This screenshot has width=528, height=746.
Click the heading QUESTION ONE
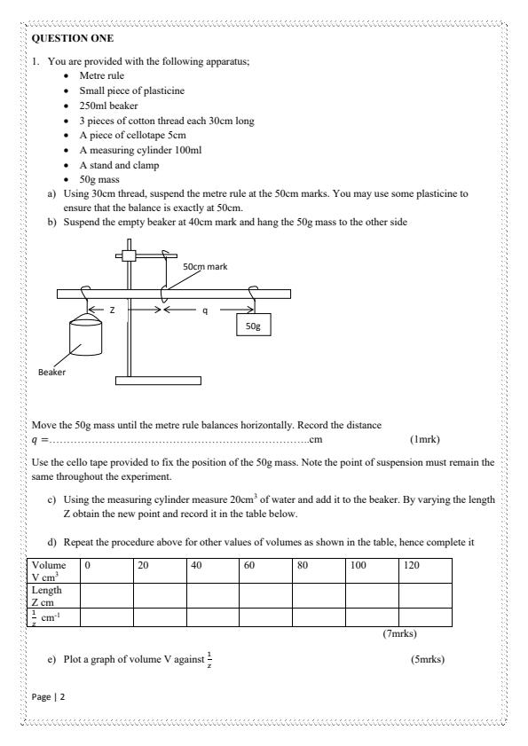[67, 39]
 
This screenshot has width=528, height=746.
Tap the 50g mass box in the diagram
[253, 326]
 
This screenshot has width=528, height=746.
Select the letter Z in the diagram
[112, 310]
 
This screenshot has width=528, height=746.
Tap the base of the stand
[158, 381]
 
